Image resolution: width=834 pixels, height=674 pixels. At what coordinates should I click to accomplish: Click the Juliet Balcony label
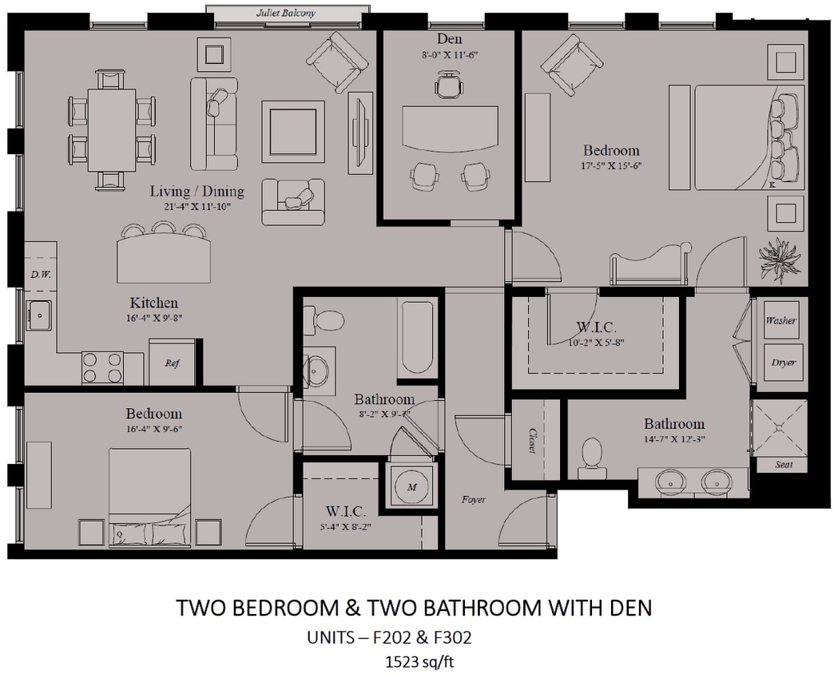click(x=286, y=14)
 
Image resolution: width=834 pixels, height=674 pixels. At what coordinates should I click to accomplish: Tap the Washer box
click(x=780, y=320)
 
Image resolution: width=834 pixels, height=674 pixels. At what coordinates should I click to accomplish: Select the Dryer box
click(x=783, y=362)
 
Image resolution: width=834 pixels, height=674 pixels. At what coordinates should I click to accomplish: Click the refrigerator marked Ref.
click(x=173, y=363)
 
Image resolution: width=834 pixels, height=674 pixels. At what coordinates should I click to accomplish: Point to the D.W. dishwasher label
click(x=40, y=275)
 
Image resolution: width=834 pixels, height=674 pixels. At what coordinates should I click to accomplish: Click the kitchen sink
click(x=38, y=315)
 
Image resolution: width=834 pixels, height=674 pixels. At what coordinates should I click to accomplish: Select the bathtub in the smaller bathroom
click(x=418, y=339)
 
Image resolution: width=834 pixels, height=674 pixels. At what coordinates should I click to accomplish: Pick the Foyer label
click(x=473, y=500)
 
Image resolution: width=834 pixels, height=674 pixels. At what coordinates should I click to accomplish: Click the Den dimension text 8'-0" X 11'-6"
click(x=449, y=55)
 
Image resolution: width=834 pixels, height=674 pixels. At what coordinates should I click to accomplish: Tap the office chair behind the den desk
click(x=449, y=85)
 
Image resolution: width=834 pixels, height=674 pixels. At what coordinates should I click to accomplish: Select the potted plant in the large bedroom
click(x=780, y=260)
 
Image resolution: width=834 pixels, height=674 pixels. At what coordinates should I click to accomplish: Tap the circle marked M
click(x=412, y=486)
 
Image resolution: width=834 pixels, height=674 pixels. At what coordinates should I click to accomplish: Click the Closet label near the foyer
click(x=530, y=440)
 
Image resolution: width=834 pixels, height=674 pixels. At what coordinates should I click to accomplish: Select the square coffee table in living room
click(x=292, y=129)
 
